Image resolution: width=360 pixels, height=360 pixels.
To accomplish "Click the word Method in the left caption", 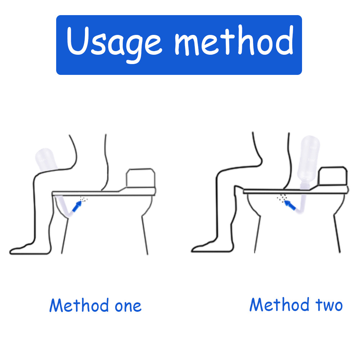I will coord(79,306).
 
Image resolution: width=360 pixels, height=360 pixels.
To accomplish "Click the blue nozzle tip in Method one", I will coord(76,206).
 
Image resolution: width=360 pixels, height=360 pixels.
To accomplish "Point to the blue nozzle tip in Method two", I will coord(289,206).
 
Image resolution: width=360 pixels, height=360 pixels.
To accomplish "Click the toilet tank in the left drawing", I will coord(140,178).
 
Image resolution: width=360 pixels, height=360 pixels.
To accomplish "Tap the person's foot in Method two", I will coord(203,248).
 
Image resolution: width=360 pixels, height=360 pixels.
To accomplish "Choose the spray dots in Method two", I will coord(282,197).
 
